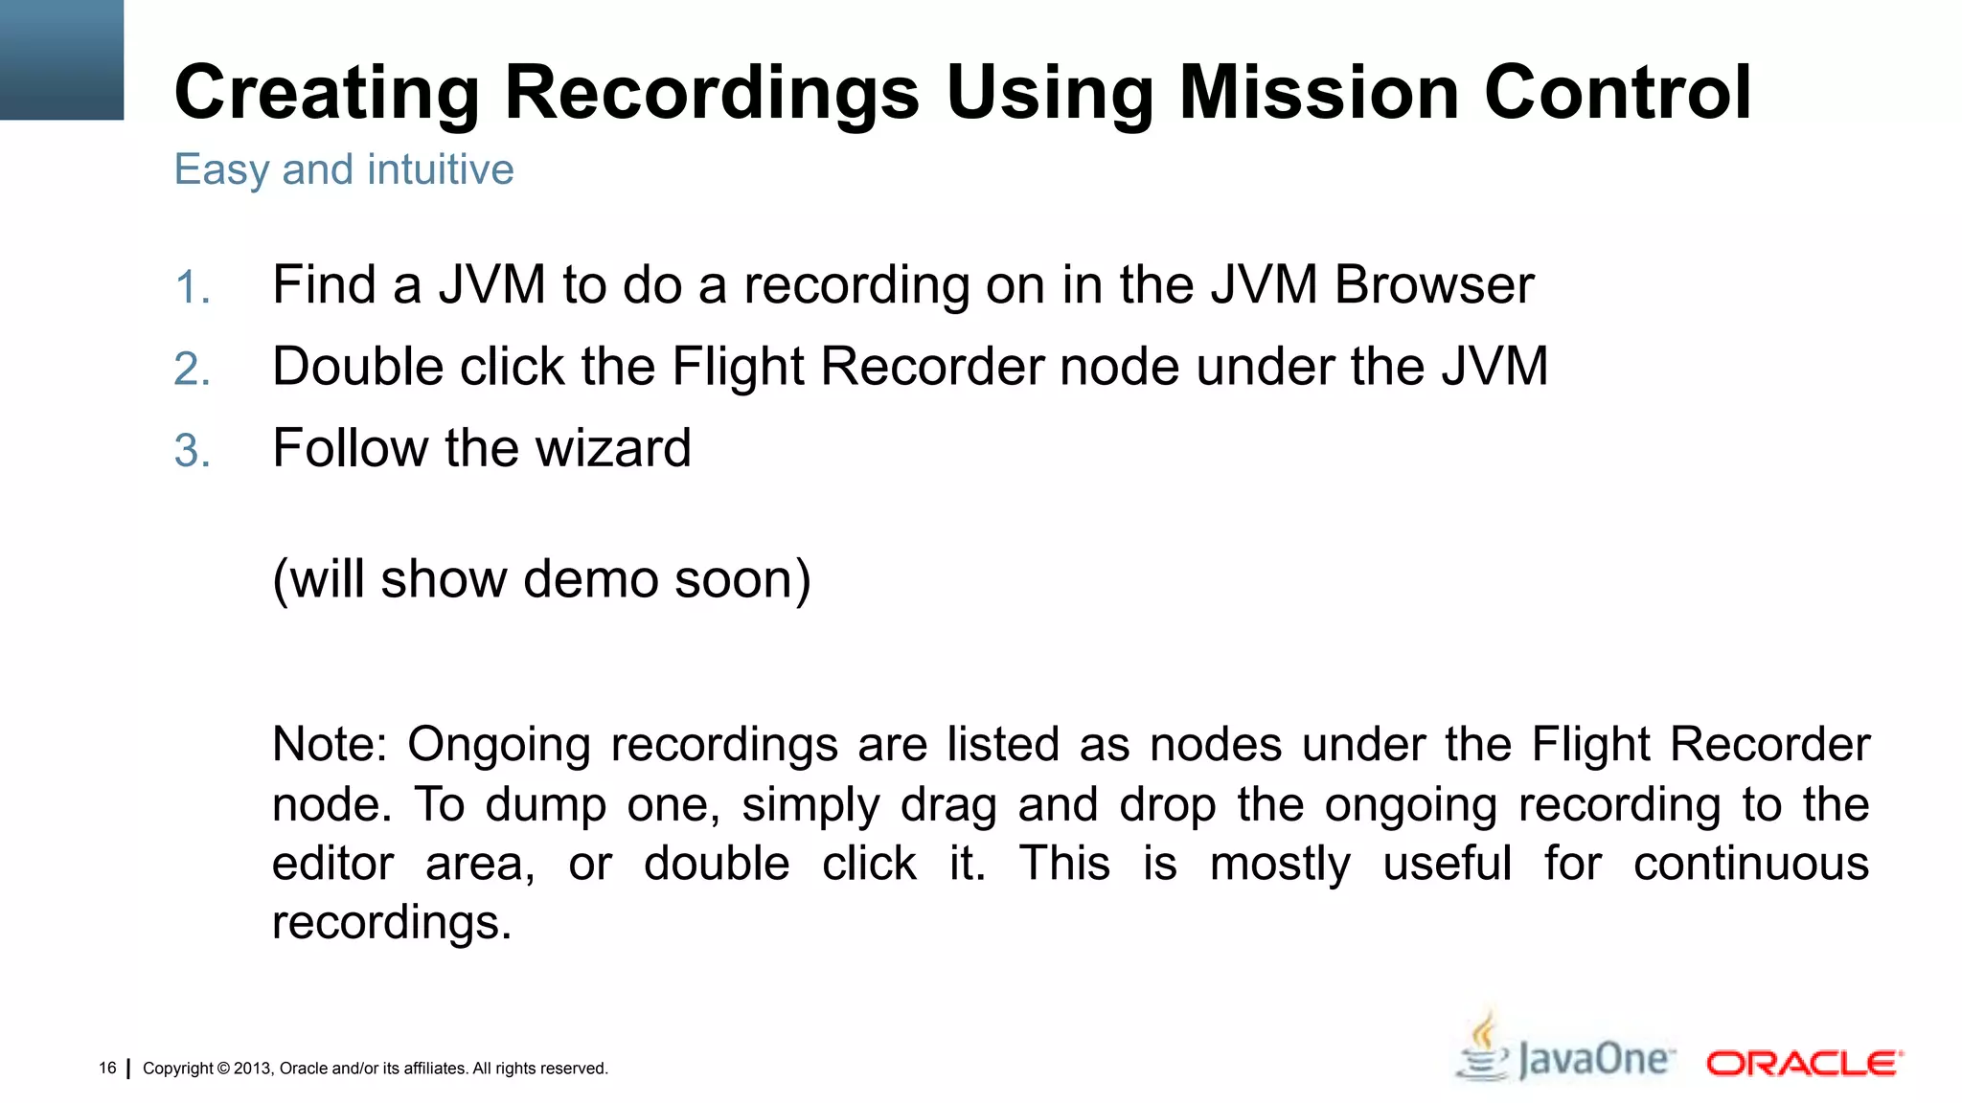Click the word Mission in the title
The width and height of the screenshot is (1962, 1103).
tap(1319, 93)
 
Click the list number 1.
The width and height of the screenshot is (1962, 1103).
tap(192, 287)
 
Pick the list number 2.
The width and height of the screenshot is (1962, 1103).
tap(192, 370)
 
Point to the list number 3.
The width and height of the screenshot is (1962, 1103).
tap(192, 451)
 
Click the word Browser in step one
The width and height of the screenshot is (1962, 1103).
tap(1434, 284)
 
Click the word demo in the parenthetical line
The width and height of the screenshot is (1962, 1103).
tap(590, 579)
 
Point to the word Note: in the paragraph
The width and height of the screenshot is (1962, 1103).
tap(330, 745)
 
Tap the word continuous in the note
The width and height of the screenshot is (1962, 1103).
tap(1750, 864)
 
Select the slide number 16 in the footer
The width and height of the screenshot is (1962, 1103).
tap(107, 1068)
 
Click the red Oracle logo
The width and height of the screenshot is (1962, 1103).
tap(1804, 1064)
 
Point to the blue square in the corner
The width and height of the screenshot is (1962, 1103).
tap(61, 59)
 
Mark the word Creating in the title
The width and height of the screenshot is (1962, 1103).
tap(327, 93)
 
